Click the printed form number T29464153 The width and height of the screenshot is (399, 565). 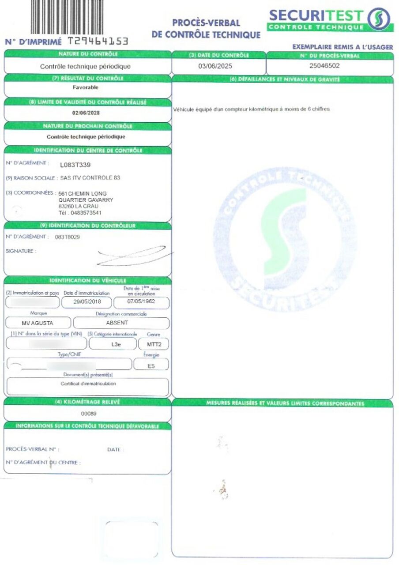coord(98,41)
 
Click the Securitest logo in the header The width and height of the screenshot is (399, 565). coord(330,20)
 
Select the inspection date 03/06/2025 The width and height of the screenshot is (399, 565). coord(215,66)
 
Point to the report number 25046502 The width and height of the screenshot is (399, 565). coord(325,66)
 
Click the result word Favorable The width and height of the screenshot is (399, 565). coord(86,87)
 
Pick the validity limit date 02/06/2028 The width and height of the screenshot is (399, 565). coord(86,112)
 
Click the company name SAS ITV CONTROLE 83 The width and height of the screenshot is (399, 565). coord(90,178)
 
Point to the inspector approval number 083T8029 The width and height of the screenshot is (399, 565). coord(67,237)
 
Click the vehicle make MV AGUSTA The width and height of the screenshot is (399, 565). coord(37,323)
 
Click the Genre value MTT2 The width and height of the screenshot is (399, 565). coord(153,343)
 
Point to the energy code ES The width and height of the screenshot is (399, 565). coord(151,365)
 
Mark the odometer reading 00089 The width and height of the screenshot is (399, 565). coord(89,414)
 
